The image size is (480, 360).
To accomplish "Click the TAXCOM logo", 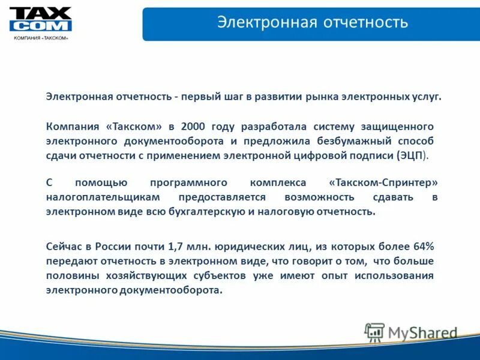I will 40,20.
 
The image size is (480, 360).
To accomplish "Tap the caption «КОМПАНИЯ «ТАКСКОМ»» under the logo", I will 41,38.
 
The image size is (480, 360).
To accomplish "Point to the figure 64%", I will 422,247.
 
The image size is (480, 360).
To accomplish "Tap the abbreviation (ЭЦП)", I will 413,155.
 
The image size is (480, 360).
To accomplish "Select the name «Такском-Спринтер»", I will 383,182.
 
